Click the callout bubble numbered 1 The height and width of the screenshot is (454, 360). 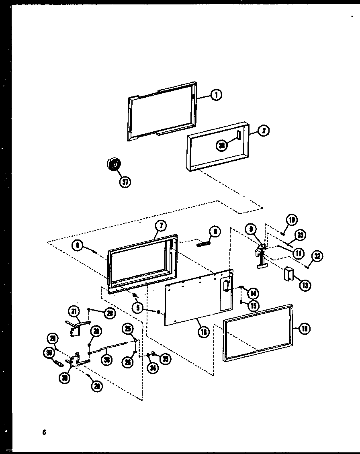pos(216,95)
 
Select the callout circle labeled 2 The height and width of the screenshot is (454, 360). pos(264,131)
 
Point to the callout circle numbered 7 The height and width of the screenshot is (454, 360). pos(160,226)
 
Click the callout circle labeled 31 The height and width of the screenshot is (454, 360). pos(74,311)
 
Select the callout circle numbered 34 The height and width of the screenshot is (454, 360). pos(152,367)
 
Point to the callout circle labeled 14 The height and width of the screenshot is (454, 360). pos(253,292)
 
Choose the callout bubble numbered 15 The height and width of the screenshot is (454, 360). pos(253,306)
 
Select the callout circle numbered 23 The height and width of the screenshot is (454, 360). pos(300,235)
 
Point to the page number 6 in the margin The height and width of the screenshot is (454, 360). pos(44,432)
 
